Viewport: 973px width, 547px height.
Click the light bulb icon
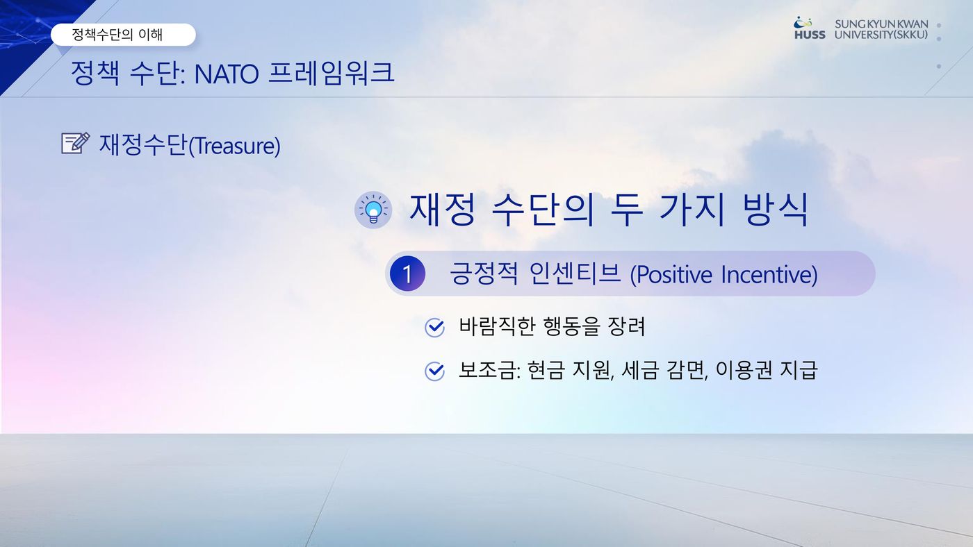[373, 210]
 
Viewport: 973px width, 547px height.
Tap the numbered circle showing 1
[407, 273]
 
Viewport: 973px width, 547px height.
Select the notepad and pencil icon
[76, 143]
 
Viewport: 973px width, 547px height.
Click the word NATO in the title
[227, 74]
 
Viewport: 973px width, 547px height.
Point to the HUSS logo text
[810, 35]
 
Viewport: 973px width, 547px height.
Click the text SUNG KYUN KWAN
[881, 24]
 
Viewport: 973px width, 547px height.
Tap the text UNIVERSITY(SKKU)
[881, 35]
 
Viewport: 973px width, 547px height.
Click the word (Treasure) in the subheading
[235, 146]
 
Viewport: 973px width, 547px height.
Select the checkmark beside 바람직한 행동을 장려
[434, 328]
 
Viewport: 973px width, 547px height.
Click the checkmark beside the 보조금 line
[434, 371]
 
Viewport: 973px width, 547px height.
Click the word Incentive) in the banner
[769, 275]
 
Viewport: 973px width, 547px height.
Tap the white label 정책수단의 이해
[123, 35]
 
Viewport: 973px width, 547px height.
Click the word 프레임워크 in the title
[332, 74]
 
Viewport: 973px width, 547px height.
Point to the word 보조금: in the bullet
[489, 371]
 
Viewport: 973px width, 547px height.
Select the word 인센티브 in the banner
[575, 273]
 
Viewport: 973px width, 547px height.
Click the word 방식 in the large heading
[776, 210]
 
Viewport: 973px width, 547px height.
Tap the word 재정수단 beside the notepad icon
[143, 144]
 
